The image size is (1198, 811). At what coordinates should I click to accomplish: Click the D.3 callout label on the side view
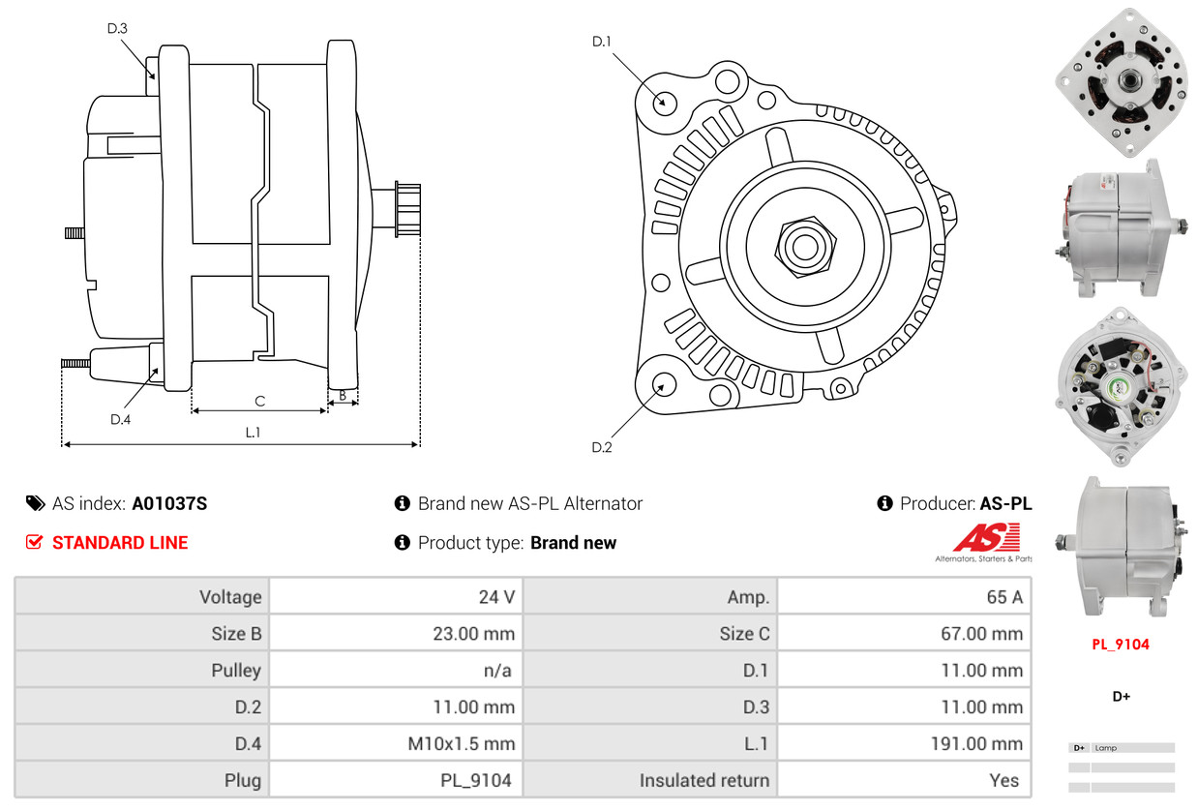click(x=117, y=28)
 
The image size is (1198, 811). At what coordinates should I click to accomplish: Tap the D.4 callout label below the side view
click(x=120, y=419)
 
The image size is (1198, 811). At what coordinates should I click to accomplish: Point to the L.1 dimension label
click(x=253, y=433)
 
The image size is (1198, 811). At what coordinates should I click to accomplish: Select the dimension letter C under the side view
click(x=260, y=402)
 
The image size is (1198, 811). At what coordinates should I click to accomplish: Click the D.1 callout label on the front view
click(x=602, y=42)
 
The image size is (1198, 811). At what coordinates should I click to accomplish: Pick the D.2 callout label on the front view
click(x=602, y=447)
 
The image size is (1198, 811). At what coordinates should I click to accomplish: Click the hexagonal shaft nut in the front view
click(x=805, y=247)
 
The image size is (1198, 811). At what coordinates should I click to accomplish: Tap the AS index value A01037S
click(x=169, y=503)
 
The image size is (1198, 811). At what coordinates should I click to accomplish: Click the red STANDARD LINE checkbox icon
click(x=34, y=542)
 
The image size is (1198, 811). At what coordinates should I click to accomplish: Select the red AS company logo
click(x=987, y=538)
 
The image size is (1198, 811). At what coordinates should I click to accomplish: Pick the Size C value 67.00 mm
click(x=982, y=633)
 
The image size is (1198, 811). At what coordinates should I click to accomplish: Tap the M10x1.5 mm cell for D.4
click(x=462, y=743)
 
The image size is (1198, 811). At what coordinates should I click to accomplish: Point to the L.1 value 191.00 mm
click(x=976, y=743)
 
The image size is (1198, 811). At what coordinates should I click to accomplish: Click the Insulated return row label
click(x=704, y=780)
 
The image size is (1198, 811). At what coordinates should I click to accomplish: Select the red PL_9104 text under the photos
click(x=1121, y=645)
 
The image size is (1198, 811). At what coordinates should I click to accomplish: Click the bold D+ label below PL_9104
click(x=1122, y=697)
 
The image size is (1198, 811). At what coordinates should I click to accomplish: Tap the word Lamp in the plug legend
click(x=1106, y=748)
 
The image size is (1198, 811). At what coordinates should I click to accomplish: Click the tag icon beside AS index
click(x=36, y=503)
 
